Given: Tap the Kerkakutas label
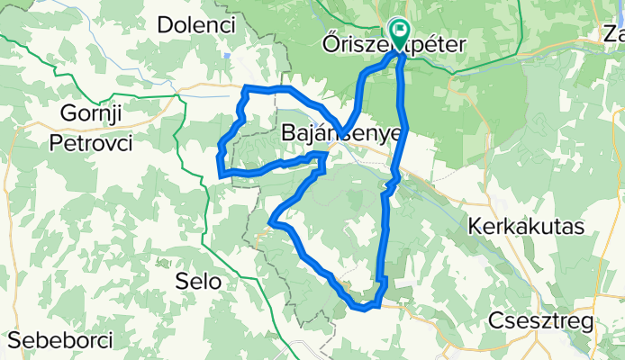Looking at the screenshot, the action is (526, 226).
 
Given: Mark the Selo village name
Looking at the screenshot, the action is (200, 281).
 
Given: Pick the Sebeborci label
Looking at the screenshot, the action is (61, 341).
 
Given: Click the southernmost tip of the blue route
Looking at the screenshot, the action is (364, 309).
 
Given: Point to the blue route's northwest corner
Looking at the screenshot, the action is (246, 87).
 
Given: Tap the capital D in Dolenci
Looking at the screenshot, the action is (164, 25).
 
